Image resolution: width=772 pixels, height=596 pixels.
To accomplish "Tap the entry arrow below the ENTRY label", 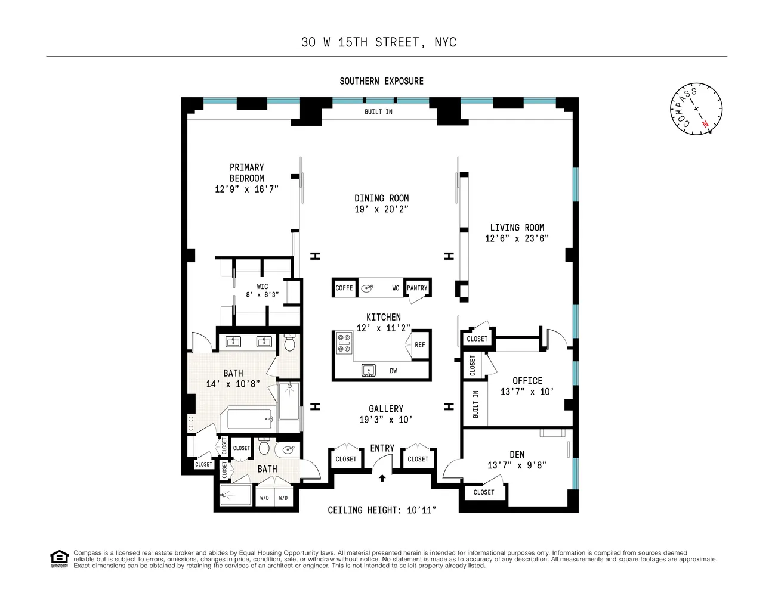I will pyautogui.click(x=382, y=477).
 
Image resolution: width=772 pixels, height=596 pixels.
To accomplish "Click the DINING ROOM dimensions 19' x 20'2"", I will pyautogui.click(x=382, y=209).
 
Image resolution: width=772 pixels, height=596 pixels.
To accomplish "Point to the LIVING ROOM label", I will pyautogui.click(x=517, y=228).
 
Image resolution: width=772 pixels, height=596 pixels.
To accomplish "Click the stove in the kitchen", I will pyautogui.click(x=344, y=344).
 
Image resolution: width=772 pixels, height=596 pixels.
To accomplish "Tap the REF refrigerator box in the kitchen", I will pyautogui.click(x=420, y=344).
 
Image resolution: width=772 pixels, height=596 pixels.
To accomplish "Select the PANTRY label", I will pyautogui.click(x=417, y=288).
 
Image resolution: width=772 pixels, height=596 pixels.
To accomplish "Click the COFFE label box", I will pyautogui.click(x=344, y=288).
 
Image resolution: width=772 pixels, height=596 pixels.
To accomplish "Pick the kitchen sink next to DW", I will pyautogui.click(x=369, y=371).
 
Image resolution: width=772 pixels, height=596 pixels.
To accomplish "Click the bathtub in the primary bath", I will pyautogui.click(x=246, y=420).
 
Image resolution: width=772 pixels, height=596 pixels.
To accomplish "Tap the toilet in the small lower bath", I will pyautogui.click(x=265, y=448).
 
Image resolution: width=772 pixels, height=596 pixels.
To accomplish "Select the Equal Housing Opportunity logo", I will pyautogui.click(x=59, y=559).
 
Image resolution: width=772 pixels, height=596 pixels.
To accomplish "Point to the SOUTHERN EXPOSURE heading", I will pyautogui.click(x=382, y=81).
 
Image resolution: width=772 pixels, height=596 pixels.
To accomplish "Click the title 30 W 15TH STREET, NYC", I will pyautogui.click(x=379, y=42).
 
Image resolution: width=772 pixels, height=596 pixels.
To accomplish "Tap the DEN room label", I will pyautogui.click(x=517, y=454).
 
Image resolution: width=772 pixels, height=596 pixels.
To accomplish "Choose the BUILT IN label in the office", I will pyautogui.click(x=475, y=404).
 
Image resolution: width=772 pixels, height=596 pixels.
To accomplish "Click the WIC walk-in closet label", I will pyautogui.click(x=263, y=287).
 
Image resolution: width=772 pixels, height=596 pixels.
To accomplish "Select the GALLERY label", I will pyautogui.click(x=386, y=409).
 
